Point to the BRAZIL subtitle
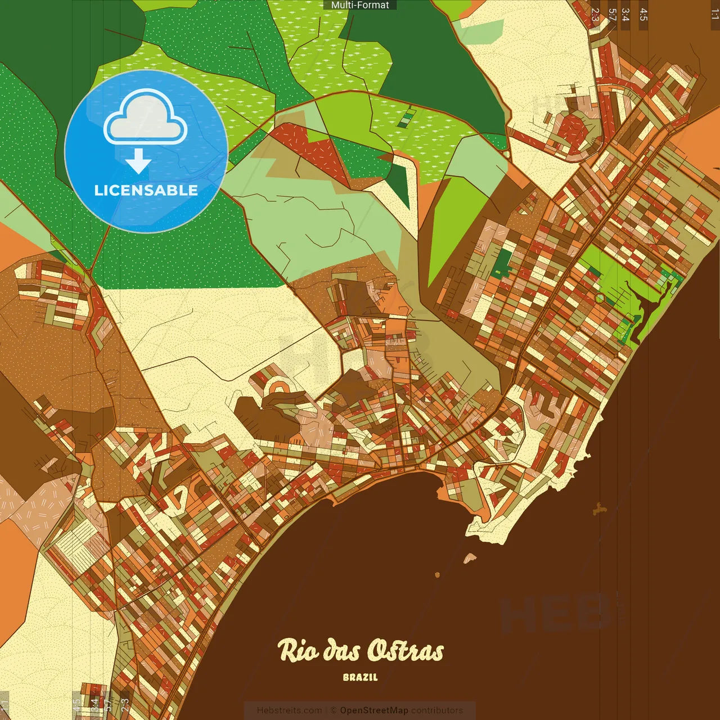[360, 677]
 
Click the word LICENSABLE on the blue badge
[146, 190]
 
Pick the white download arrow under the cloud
[138, 161]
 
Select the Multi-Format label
[360, 5]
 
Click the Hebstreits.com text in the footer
[289, 710]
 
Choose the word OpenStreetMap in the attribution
[374, 710]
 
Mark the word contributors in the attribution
[437, 710]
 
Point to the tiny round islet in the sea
[437, 574]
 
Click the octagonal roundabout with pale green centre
[600, 298]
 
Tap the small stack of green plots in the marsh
[405, 118]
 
